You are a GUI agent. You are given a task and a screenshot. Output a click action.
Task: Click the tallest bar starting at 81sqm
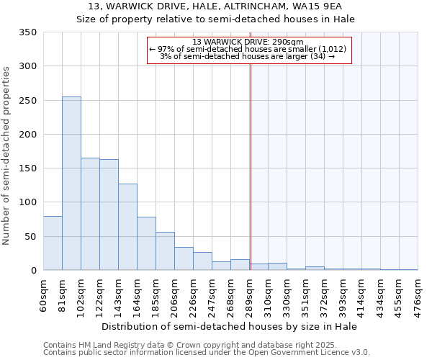[71, 184]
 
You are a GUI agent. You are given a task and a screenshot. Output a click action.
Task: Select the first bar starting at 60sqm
[53, 243]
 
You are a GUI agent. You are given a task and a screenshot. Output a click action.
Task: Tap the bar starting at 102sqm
[90, 214]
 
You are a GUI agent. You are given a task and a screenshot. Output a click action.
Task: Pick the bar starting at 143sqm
[127, 227]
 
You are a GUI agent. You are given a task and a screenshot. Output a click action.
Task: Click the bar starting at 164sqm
[146, 243]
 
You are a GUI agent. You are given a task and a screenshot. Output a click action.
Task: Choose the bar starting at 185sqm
[165, 251]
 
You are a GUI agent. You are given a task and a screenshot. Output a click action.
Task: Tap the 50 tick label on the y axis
[31, 237]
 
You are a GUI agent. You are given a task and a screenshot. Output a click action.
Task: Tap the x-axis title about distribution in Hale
[230, 326]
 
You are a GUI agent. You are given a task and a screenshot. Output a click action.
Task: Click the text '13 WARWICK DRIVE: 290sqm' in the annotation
[248, 42]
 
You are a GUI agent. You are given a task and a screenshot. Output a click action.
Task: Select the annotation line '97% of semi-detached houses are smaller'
[248, 49]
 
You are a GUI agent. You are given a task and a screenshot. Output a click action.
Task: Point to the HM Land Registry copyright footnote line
[206, 346]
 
